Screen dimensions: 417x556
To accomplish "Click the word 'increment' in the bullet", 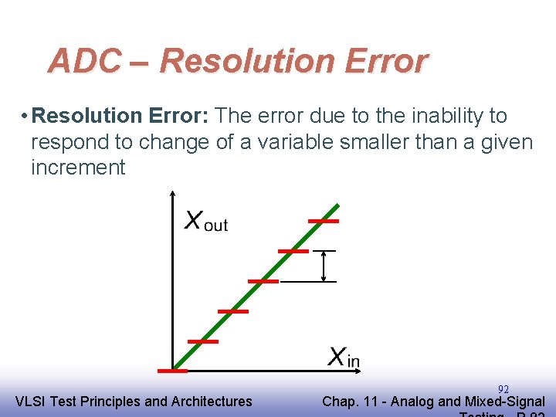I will (78, 168).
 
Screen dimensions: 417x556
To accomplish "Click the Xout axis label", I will (205, 221).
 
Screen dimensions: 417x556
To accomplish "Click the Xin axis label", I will (344, 357).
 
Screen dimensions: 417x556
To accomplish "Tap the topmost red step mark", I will (324, 221).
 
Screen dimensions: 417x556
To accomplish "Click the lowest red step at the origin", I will (172, 371).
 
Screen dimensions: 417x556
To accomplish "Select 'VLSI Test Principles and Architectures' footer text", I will (134, 401).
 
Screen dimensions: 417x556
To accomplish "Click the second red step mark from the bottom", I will (203, 341).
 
